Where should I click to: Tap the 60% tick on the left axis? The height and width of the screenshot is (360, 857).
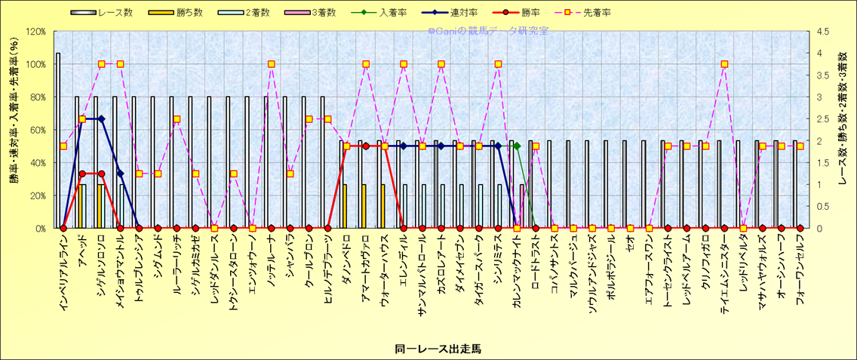(37, 130)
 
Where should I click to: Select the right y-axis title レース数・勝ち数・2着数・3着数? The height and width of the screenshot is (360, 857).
(846, 130)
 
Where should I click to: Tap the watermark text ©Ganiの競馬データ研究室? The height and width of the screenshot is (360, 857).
(488, 32)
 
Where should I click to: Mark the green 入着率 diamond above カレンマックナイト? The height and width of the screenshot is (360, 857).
(517, 146)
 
